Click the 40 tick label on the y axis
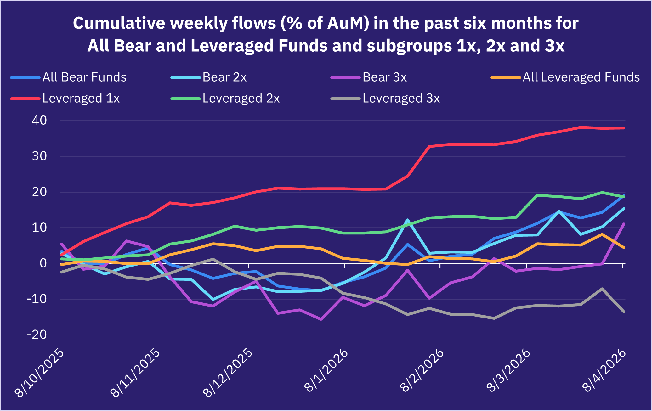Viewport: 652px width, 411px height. [x=39, y=121]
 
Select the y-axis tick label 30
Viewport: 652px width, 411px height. [x=39, y=156]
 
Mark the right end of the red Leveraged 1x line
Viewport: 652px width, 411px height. [x=624, y=128]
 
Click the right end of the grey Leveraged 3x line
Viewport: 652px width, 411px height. [x=624, y=312]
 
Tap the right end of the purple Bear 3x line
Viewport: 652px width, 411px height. [x=624, y=224]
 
